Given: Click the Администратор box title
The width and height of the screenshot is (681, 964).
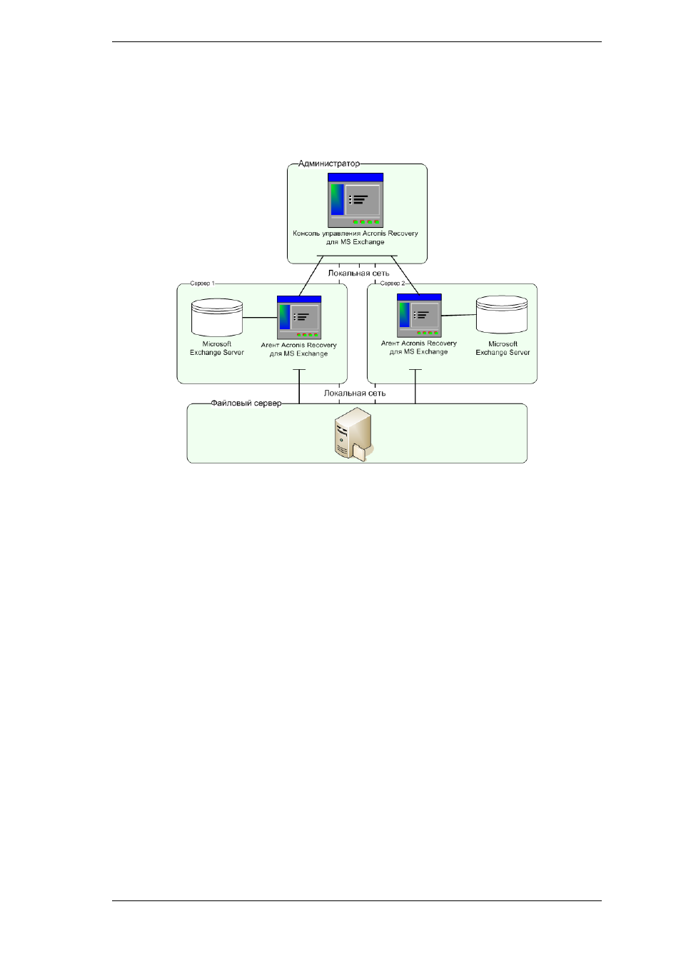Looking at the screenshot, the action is point(329,164).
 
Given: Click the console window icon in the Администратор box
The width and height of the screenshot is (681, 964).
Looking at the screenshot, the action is point(355,201).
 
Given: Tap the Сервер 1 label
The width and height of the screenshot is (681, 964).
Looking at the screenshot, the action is point(202,283).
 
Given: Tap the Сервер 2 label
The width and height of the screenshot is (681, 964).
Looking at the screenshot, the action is point(393,283).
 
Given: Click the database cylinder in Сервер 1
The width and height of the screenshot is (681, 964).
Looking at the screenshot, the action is point(217,318).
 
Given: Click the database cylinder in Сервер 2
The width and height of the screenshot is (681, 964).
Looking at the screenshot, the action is point(502,315).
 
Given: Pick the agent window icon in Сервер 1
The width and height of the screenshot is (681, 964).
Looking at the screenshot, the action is point(299,318).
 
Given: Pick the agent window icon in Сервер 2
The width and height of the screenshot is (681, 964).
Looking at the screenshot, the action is point(419,316).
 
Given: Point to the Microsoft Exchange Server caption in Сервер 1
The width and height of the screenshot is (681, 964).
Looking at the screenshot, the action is point(217,348).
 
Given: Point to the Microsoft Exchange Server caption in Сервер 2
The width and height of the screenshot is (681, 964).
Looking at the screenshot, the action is point(503,348).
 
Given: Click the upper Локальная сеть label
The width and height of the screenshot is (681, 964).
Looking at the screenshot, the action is point(358,273).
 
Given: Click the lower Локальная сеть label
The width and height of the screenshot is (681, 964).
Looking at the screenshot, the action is point(355,393).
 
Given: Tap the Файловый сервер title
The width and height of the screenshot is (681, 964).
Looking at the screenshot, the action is point(246,403).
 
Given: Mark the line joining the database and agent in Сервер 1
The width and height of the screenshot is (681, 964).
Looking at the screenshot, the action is point(260,318).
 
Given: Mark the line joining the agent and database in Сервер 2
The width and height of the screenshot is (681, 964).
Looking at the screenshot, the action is point(458,316).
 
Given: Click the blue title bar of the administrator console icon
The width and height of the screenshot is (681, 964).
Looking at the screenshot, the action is point(355,178).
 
